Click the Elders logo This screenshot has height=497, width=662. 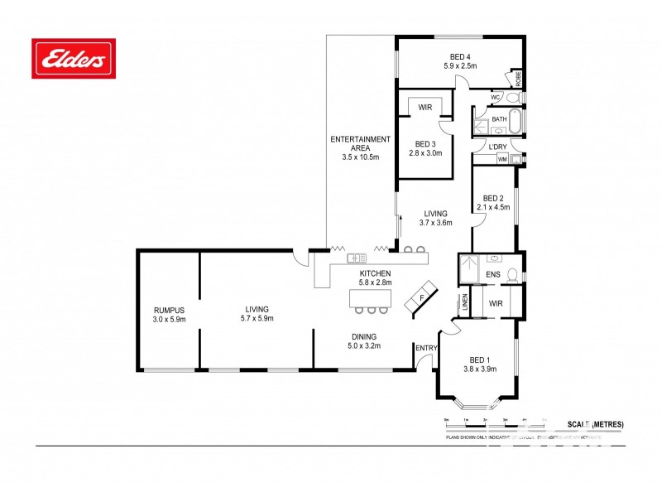[73, 58]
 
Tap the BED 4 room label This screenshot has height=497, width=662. [460, 55]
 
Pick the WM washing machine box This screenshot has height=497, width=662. [502, 159]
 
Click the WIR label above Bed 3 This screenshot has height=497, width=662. [425, 108]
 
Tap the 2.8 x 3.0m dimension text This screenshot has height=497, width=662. [425, 152]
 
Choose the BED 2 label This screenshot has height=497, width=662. [493, 198]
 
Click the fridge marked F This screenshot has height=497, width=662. [421, 297]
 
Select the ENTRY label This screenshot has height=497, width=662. [426, 348]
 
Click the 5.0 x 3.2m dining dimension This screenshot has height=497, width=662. [364, 345]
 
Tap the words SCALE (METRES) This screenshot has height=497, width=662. [596, 424]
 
